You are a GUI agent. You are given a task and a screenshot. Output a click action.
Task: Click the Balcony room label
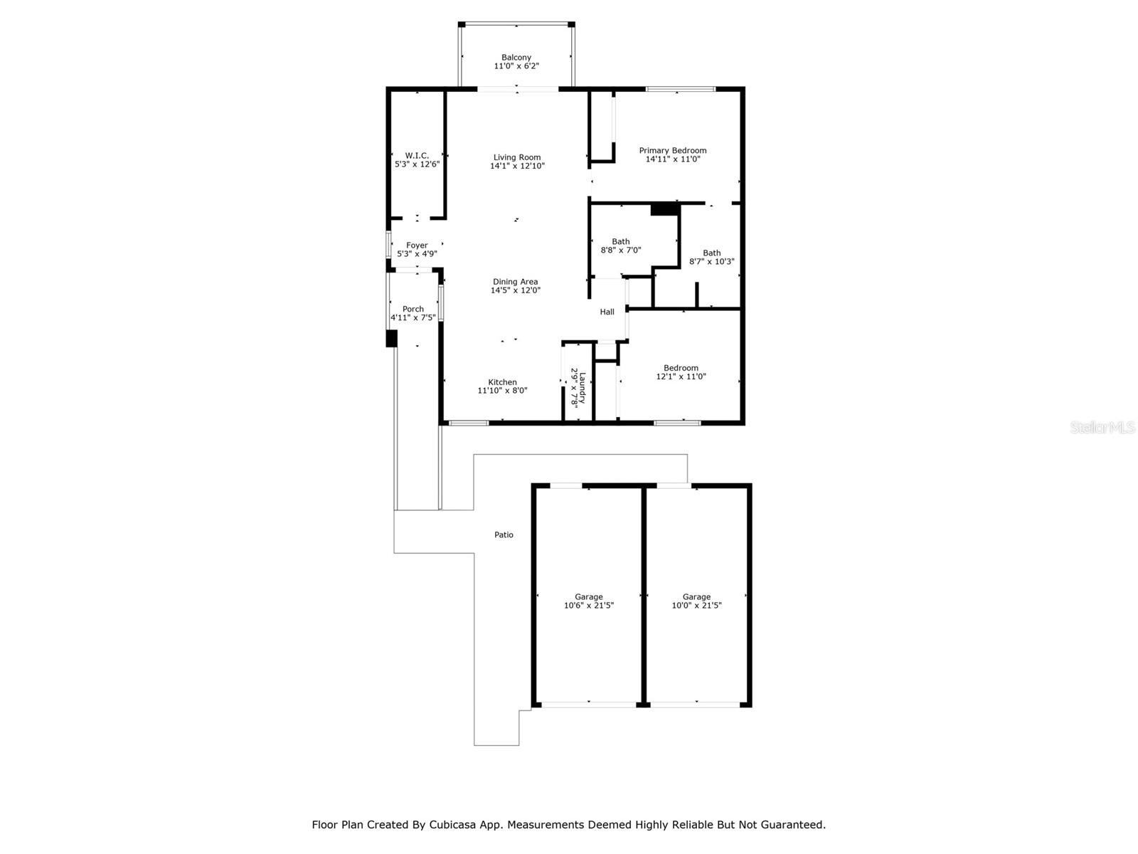[516, 58]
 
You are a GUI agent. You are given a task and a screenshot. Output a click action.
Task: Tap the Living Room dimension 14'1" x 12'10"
[517, 166]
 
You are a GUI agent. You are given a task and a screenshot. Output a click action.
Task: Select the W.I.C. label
[417, 155]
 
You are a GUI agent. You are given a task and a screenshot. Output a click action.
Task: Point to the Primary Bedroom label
[673, 150]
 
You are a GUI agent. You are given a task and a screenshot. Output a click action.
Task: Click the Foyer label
[417, 245]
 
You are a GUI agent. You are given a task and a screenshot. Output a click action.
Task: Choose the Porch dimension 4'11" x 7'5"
[413, 317]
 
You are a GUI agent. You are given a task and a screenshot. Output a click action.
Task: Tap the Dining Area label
[516, 282]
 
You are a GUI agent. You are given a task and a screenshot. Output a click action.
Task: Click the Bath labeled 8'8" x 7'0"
[621, 246]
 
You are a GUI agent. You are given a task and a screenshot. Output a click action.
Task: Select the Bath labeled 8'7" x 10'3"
[712, 257]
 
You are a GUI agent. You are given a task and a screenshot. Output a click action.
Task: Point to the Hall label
[607, 312]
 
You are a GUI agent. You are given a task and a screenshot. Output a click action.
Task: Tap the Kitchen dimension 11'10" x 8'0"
[502, 390]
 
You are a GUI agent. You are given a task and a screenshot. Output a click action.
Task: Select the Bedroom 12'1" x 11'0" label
[681, 372]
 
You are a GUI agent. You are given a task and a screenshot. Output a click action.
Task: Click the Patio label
[504, 534]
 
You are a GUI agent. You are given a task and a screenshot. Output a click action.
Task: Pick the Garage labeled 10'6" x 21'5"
[589, 601]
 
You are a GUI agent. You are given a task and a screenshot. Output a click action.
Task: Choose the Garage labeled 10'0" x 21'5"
[696, 601]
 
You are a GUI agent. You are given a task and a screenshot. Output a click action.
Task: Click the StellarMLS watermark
[1103, 427]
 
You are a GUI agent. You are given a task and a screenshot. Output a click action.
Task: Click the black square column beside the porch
[391, 338]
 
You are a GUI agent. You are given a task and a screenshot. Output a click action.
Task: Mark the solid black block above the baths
[664, 209]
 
